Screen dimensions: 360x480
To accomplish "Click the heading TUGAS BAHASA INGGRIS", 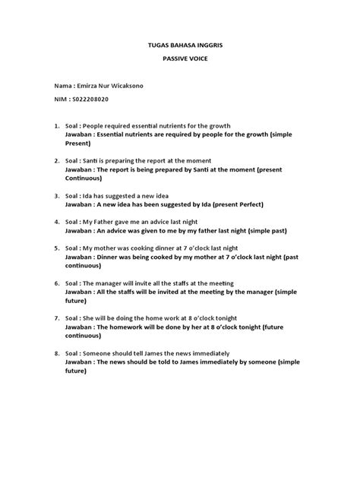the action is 179,46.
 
